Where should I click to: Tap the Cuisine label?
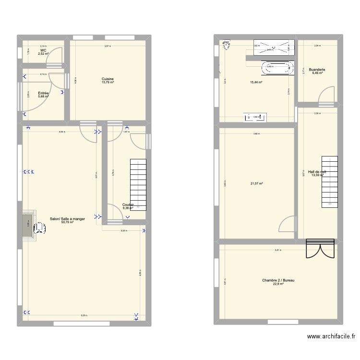click(108, 79)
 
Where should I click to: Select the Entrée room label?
click(43, 93)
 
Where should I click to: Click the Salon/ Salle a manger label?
click(67, 219)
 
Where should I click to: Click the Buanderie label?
click(317, 70)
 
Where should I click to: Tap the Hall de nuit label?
click(317, 171)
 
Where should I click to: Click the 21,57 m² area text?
click(257, 183)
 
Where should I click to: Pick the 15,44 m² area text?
click(256, 83)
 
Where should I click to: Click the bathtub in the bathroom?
click(276, 68)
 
